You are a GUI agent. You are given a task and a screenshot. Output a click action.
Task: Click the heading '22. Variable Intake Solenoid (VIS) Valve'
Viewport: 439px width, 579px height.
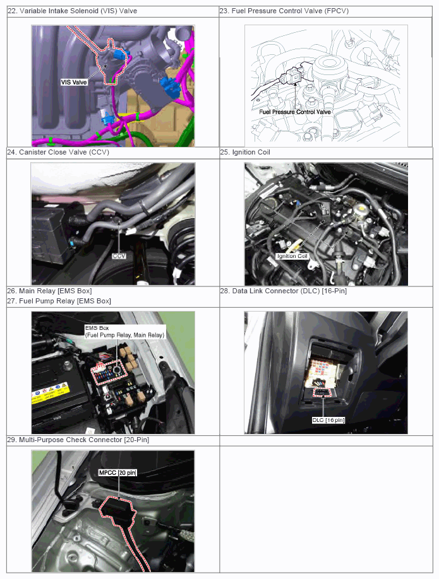(x=73, y=11)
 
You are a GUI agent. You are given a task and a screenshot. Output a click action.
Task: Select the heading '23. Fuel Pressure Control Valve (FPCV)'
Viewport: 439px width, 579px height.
(x=284, y=11)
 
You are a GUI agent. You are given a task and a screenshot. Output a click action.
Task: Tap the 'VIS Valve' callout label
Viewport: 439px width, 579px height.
(x=74, y=83)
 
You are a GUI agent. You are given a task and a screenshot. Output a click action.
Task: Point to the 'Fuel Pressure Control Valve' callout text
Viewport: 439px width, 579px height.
(x=295, y=112)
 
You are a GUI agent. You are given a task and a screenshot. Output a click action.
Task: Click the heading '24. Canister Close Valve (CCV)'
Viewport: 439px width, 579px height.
(x=58, y=152)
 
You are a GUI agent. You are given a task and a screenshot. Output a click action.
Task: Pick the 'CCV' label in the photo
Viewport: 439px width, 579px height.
(x=119, y=256)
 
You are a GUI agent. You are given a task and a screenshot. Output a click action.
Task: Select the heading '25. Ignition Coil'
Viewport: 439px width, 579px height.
(x=245, y=152)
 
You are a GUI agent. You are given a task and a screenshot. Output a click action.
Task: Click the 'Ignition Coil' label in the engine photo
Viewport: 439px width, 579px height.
(x=292, y=256)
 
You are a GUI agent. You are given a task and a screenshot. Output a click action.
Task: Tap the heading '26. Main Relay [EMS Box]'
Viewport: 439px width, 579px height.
(x=49, y=291)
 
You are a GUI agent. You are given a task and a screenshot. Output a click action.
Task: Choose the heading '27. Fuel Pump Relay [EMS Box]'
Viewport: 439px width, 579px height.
(x=59, y=301)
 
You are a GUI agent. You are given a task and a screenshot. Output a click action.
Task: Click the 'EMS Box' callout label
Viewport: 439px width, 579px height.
(x=97, y=328)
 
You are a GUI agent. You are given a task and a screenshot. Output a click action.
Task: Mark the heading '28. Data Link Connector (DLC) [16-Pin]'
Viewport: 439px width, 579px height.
(x=284, y=291)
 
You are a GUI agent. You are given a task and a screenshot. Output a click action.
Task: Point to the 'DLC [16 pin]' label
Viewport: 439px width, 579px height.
(x=328, y=420)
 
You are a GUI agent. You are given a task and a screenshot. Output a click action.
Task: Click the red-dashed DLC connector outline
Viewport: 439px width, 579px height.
(x=323, y=392)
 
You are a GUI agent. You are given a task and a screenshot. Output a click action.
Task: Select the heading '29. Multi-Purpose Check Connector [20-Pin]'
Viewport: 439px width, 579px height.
(x=78, y=440)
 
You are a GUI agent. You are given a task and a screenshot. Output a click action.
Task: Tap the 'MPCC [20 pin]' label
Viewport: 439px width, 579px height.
(x=117, y=472)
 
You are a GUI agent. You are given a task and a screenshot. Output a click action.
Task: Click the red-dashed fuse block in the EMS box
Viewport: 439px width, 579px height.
(x=107, y=371)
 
